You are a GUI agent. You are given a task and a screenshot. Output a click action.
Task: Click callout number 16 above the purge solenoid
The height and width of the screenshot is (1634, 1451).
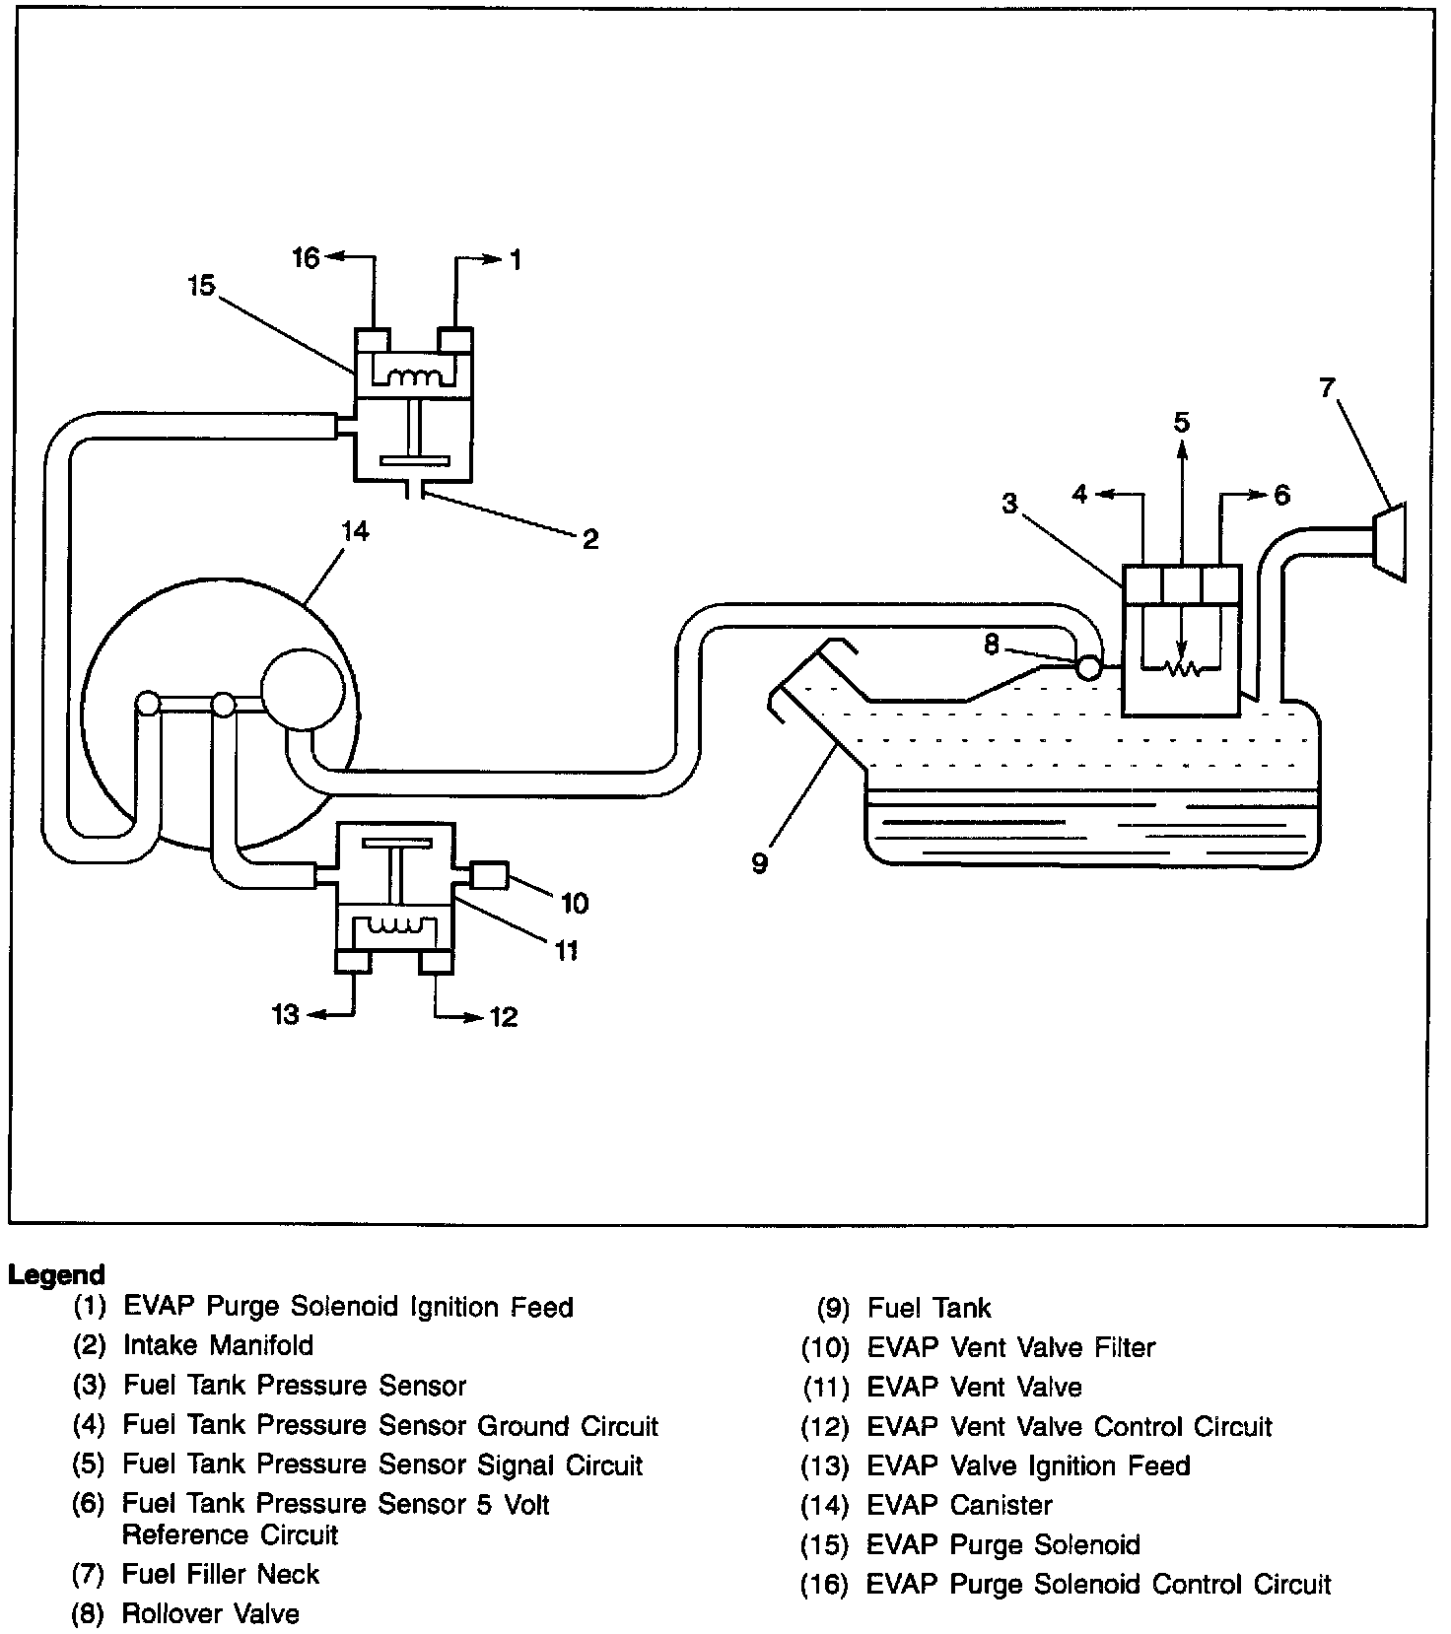(x=307, y=258)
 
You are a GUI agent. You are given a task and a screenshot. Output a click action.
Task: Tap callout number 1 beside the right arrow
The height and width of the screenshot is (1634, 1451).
(x=516, y=260)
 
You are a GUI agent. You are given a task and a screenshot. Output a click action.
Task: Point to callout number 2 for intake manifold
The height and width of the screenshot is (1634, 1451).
(x=589, y=538)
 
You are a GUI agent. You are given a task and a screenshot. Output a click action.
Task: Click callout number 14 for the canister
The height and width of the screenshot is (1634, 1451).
(x=355, y=532)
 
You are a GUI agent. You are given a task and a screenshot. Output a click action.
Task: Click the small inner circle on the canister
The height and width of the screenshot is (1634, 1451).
(x=303, y=688)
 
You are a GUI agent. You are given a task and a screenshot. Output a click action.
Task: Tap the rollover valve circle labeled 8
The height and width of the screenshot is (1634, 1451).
(x=1089, y=668)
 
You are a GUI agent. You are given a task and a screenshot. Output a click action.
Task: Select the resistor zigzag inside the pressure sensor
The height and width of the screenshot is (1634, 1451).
(x=1181, y=669)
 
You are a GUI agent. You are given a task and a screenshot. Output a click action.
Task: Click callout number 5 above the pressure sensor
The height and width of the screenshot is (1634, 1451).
(x=1181, y=424)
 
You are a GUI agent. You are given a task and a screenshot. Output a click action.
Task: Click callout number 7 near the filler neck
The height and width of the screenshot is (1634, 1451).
(x=1328, y=388)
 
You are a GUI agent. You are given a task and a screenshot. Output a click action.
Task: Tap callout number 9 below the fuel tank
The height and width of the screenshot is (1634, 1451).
(x=759, y=864)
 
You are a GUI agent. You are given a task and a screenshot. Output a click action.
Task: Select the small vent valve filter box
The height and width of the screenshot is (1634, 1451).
(x=490, y=875)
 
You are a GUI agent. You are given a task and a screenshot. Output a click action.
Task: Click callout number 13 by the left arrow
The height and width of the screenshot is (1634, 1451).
(x=285, y=1014)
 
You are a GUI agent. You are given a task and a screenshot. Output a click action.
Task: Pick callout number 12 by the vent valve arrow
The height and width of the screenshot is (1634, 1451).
(x=504, y=1016)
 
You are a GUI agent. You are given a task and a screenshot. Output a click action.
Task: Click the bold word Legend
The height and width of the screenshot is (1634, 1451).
(x=56, y=1274)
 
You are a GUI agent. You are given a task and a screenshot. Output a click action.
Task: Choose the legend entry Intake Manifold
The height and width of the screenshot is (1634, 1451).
(x=218, y=1345)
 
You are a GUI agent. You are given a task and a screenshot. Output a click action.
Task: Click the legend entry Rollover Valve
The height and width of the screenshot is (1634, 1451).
(x=210, y=1613)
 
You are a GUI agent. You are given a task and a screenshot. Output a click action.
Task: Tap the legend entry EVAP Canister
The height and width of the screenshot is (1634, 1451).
(x=959, y=1505)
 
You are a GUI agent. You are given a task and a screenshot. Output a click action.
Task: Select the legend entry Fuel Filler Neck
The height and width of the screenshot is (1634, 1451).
(x=221, y=1574)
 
